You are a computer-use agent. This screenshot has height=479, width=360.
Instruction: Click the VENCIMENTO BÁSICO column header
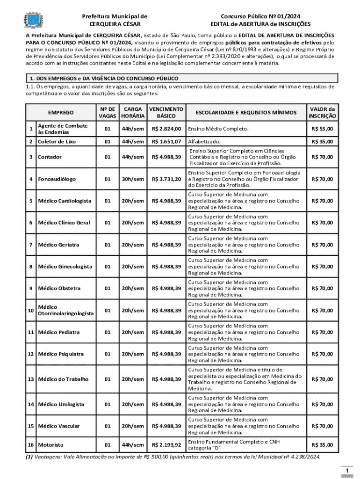tap(166, 112)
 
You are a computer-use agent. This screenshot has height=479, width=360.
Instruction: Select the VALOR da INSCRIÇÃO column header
tap(323, 112)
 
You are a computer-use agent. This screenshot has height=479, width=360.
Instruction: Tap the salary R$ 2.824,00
tap(166, 129)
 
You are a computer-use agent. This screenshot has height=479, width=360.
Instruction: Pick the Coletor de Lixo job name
tap(57, 141)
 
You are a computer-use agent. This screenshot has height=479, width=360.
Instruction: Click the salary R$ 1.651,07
tap(166, 141)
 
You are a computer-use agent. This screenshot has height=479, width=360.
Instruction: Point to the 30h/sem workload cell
tap(133, 179)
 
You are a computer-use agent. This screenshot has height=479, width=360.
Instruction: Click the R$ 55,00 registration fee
tap(323, 129)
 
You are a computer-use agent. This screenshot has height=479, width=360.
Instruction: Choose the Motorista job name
tap(50, 444)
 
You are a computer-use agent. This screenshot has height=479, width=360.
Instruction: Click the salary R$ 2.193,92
tap(166, 444)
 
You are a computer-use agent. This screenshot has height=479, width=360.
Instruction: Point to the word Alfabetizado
tap(204, 141)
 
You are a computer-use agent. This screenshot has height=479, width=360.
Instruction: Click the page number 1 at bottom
tap(346, 470)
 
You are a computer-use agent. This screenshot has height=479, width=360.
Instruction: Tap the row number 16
tap(30, 444)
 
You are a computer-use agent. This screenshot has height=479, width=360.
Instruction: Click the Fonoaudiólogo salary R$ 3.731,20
tap(166, 179)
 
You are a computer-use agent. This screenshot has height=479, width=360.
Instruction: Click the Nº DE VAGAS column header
tap(108, 112)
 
